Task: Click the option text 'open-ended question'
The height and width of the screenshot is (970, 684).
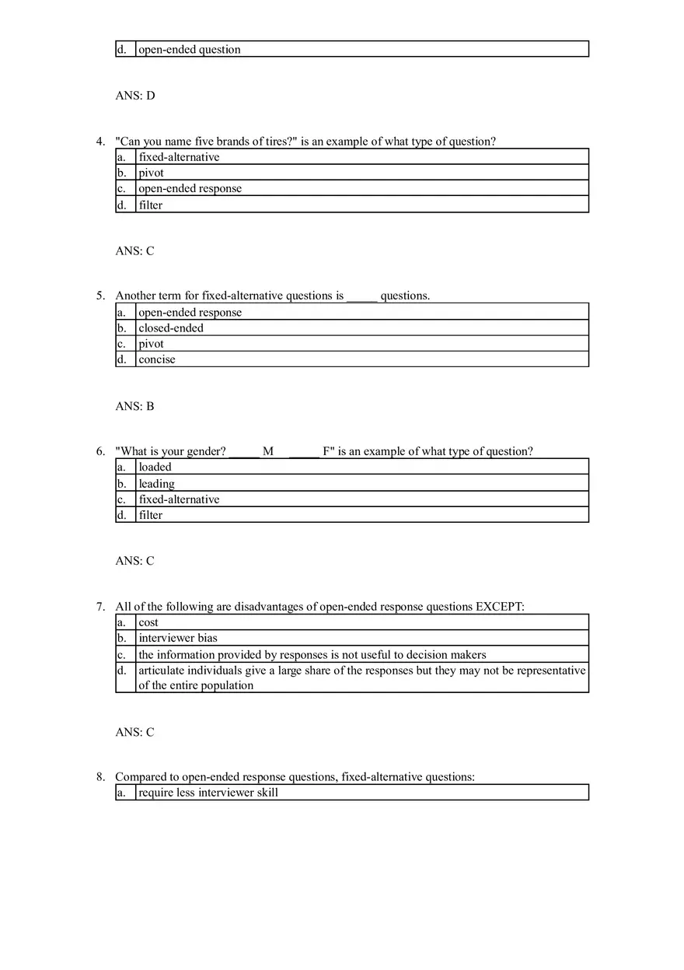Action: coord(190,50)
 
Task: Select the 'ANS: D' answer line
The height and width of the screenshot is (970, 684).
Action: coord(135,96)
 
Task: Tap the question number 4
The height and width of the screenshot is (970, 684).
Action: coord(100,142)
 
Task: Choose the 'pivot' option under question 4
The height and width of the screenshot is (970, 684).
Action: coord(152,173)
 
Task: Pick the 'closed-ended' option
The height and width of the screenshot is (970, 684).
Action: coord(171,328)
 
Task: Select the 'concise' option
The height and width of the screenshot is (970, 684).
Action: coord(157,359)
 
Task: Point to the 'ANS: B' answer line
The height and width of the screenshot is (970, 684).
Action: coord(135,406)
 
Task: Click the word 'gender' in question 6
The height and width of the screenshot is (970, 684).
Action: coord(205,451)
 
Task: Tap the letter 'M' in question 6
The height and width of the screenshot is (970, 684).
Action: coord(268,451)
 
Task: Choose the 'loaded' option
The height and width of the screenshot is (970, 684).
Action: coord(155,467)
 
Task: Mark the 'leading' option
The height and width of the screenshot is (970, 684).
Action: coord(157,484)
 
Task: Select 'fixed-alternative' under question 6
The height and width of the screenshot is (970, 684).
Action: coord(180,499)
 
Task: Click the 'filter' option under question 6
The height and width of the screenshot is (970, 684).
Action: coord(151,515)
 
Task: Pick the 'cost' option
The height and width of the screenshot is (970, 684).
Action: coord(148,623)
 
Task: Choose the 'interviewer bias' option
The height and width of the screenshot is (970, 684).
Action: coord(178,639)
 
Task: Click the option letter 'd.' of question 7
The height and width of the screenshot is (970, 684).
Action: coord(121,671)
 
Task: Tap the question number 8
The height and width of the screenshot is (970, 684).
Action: coord(100,777)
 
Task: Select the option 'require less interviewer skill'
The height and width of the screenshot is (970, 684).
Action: coord(208,793)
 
